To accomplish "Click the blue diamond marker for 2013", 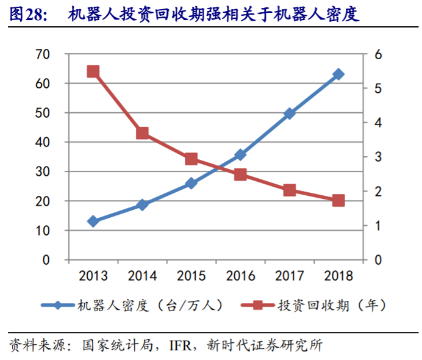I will [93, 221].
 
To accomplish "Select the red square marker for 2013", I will [93, 71].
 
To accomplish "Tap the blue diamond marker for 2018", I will [338, 74].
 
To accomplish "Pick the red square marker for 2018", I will [338, 200].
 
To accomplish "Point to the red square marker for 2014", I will [142, 133].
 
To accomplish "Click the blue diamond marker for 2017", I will [290, 113].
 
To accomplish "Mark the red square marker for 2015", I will [191, 159].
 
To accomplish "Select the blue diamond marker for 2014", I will [142, 204].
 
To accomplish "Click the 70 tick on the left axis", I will [58, 54].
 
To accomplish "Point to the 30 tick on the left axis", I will [58, 172].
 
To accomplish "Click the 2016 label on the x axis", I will [240, 276].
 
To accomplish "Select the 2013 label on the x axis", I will [93, 276].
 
